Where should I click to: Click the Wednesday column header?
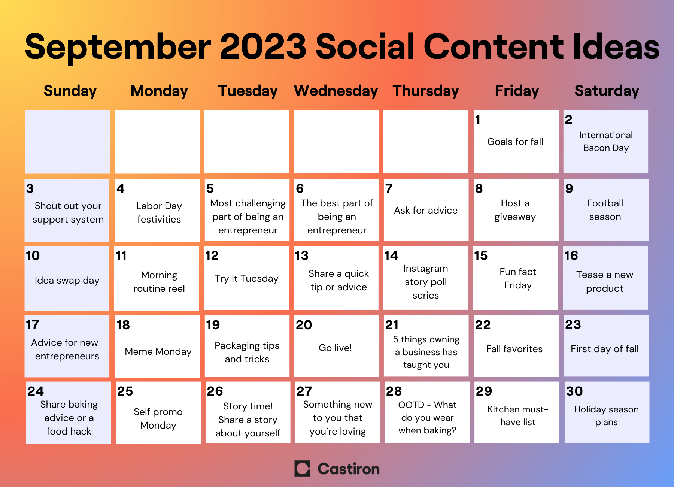pyautogui.click(x=336, y=91)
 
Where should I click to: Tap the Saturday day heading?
pyautogui.click(x=607, y=91)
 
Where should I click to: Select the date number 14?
pyautogui.click(x=391, y=255)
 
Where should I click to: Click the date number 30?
pyautogui.click(x=574, y=391)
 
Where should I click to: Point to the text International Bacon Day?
pyautogui.click(x=606, y=142)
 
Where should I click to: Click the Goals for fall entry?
pyautogui.click(x=515, y=142)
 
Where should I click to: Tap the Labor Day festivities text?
pyautogui.click(x=159, y=212)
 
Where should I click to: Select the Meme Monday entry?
pyautogui.click(x=158, y=351)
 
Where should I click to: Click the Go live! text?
pyautogui.click(x=335, y=348)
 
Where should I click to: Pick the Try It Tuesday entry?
pyautogui.click(x=246, y=279)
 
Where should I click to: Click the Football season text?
pyautogui.click(x=605, y=210)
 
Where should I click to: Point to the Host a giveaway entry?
pyautogui.click(x=515, y=210)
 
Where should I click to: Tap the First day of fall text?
pyautogui.click(x=605, y=349)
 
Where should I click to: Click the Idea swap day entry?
pyautogui.click(x=67, y=280)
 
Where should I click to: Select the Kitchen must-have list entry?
pyautogui.click(x=518, y=416)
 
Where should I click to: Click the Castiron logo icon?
pyautogui.click(x=302, y=469)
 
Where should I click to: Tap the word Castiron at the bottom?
pyautogui.click(x=349, y=469)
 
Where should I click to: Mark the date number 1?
pyautogui.click(x=478, y=120)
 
